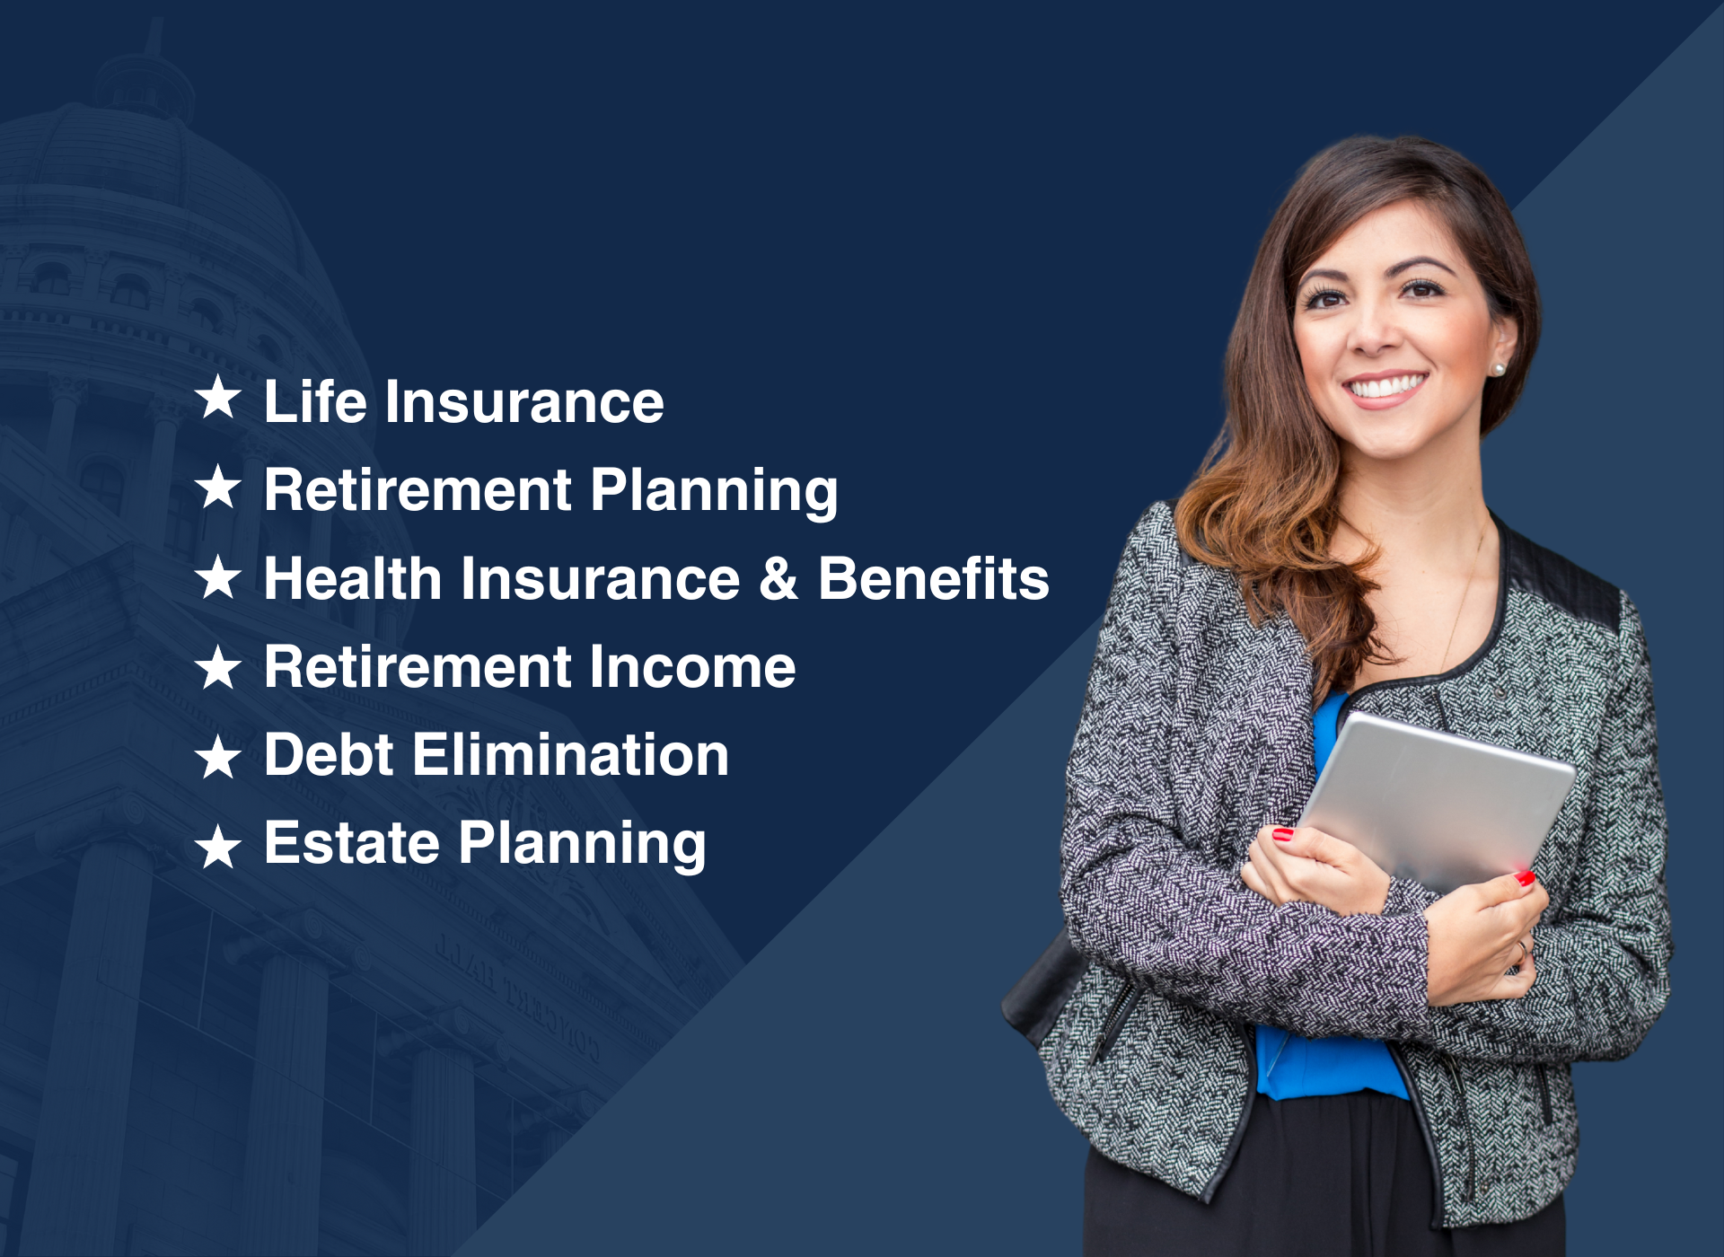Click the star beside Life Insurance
point(218,398)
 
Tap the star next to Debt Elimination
point(218,757)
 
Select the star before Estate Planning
point(218,847)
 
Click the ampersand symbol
point(778,578)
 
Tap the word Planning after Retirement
point(715,491)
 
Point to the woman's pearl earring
point(1498,369)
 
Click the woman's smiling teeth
point(1385,386)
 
